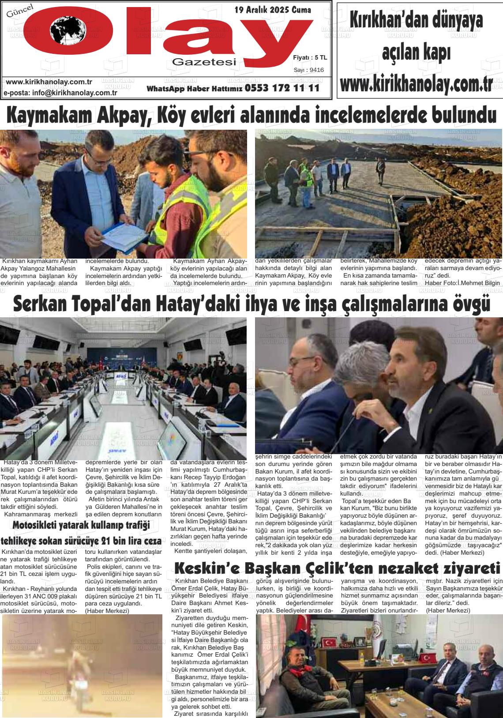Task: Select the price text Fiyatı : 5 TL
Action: pos(310,57)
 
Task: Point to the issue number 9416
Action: pos(317,70)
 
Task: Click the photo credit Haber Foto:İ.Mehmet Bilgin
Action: pos(462,282)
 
